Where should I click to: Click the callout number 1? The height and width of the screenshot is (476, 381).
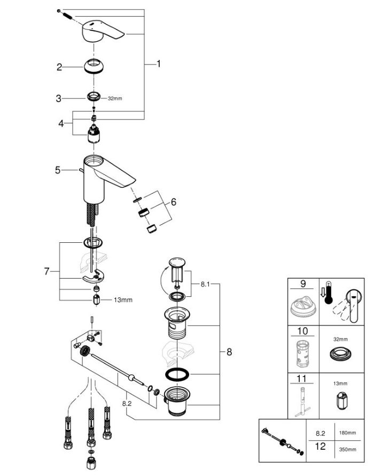tap(158, 64)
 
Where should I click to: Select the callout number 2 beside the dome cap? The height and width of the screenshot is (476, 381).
tap(59, 67)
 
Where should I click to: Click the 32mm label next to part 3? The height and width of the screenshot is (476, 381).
tap(115, 98)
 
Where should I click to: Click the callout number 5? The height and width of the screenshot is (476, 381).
tap(58, 170)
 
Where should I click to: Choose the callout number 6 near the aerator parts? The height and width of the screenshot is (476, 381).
tap(174, 202)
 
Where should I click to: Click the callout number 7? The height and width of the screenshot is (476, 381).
tap(46, 271)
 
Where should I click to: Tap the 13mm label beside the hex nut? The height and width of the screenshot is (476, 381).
tap(123, 300)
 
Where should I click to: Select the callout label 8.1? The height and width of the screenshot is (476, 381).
tap(205, 285)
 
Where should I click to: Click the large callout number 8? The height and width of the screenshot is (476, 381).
tap(229, 352)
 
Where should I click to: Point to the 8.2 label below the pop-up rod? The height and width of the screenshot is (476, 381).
tap(127, 403)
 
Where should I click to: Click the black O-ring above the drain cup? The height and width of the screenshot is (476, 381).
tap(177, 374)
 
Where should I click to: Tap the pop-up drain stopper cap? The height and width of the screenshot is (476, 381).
tap(177, 262)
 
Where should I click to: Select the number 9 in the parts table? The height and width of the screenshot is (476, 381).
tap(303, 284)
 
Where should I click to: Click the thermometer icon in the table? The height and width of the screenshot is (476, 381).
tap(328, 293)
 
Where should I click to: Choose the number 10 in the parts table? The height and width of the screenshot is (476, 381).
tap(303, 331)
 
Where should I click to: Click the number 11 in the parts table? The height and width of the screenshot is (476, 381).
tap(302, 379)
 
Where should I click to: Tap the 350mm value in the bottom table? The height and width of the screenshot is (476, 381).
tap(348, 449)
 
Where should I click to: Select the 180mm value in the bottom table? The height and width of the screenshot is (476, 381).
tap(348, 433)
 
